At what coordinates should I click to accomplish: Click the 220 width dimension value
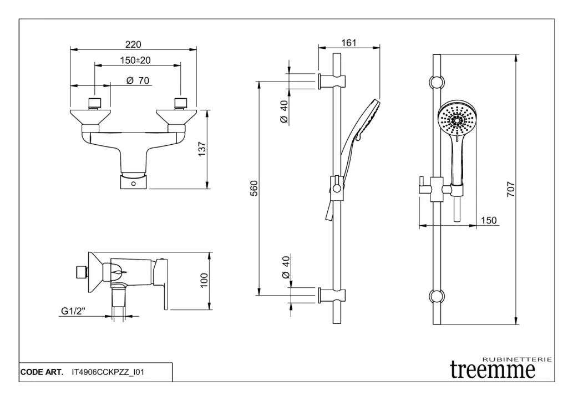coord(133,44)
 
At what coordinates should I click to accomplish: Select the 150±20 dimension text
coord(136,60)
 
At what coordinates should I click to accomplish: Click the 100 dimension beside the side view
coord(204,280)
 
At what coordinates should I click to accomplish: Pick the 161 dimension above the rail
coord(348,43)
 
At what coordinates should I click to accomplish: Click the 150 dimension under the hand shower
coord(489,220)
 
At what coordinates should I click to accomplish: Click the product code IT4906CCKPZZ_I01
coord(108,372)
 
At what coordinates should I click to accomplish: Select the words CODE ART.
coord(42,372)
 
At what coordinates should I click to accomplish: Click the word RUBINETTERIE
coord(518,359)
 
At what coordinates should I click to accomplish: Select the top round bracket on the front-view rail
coord(437,82)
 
